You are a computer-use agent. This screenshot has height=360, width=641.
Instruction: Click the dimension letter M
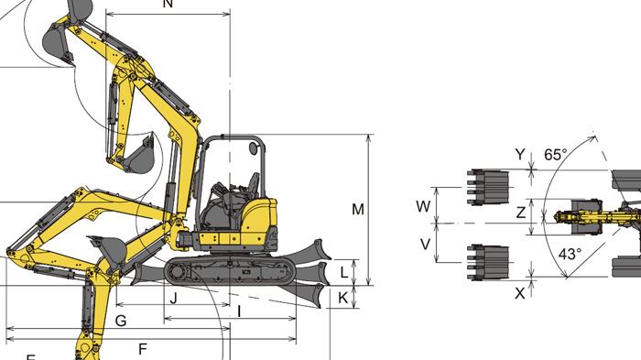[358, 209]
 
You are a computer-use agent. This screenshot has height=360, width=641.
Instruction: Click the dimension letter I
[239, 311]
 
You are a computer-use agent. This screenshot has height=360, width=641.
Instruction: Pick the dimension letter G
[121, 320]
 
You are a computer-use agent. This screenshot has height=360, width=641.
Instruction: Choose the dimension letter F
[142, 348]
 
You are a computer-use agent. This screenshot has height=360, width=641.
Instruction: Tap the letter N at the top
[168, 5]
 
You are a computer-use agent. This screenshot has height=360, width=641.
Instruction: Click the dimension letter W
[423, 206]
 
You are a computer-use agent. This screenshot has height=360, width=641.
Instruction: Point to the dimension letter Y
[520, 155]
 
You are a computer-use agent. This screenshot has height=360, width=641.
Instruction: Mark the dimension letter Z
[520, 213]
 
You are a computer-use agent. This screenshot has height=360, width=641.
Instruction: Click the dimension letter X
[520, 293]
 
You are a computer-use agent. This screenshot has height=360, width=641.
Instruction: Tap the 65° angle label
[555, 155]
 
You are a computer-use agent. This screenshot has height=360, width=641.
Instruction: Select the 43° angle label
[569, 255]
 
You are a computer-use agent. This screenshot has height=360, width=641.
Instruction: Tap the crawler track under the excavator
[231, 269]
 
